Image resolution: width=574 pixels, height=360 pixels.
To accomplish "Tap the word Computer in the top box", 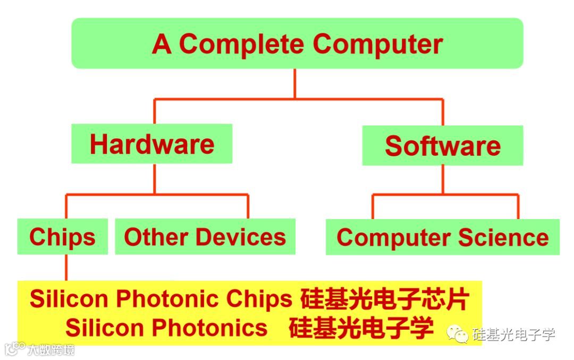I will (x=378, y=44).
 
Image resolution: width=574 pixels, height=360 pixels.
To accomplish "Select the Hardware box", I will (x=152, y=144).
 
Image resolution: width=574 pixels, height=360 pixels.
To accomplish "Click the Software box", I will (x=443, y=146).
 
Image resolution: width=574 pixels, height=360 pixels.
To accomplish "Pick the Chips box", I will (x=62, y=237).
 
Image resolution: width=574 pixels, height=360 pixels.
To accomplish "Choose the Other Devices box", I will (x=205, y=237).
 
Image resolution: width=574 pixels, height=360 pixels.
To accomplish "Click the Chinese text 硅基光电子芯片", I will (x=384, y=299).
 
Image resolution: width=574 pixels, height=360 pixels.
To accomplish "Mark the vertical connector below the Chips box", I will (x=67, y=267).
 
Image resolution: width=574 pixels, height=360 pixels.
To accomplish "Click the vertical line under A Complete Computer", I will (x=296, y=83).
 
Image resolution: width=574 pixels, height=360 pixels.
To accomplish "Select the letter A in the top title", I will (x=162, y=44).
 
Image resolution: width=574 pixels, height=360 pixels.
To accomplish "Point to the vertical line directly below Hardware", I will (x=155, y=179).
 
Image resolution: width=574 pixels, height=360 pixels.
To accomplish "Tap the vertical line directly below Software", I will (x=442, y=179).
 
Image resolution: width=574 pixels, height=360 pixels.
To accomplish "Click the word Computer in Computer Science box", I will (x=391, y=237).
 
